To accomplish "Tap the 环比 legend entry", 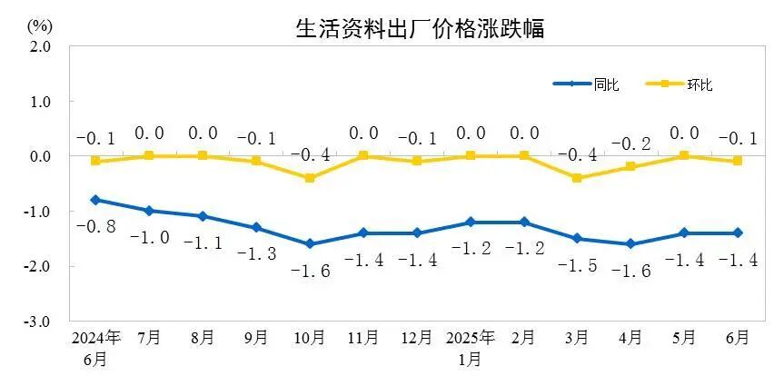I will (x=700, y=84).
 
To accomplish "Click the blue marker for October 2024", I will (x=310, y=243).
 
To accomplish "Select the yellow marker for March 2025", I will (x=577, y=178).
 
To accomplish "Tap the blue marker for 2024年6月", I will (x=95, y=200).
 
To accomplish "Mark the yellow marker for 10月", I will (x=310, y=178).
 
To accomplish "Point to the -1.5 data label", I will (x=577, y=266).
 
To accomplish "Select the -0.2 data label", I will (x=631, y=143).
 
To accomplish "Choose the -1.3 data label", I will (x=256, y=254).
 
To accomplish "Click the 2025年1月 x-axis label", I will (x=470, y=346).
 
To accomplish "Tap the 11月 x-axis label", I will (x=363, y=338).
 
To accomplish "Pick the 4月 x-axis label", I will (x=630, y=338).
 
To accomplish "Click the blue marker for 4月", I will (x=630, y=243).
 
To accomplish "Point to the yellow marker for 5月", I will (x=684, y=156).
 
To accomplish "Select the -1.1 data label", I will (x=203, y=243).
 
